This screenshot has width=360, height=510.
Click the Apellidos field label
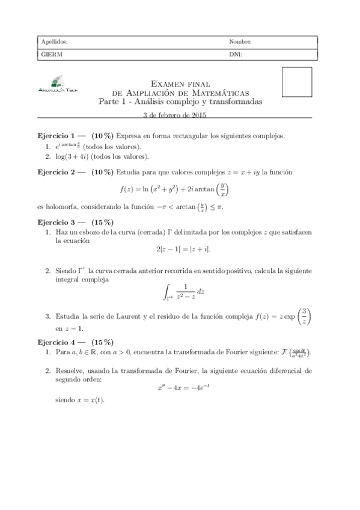[54, 42]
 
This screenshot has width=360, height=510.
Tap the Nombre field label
[240, 42]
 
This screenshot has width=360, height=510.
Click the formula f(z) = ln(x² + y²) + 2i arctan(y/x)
[180, 189]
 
